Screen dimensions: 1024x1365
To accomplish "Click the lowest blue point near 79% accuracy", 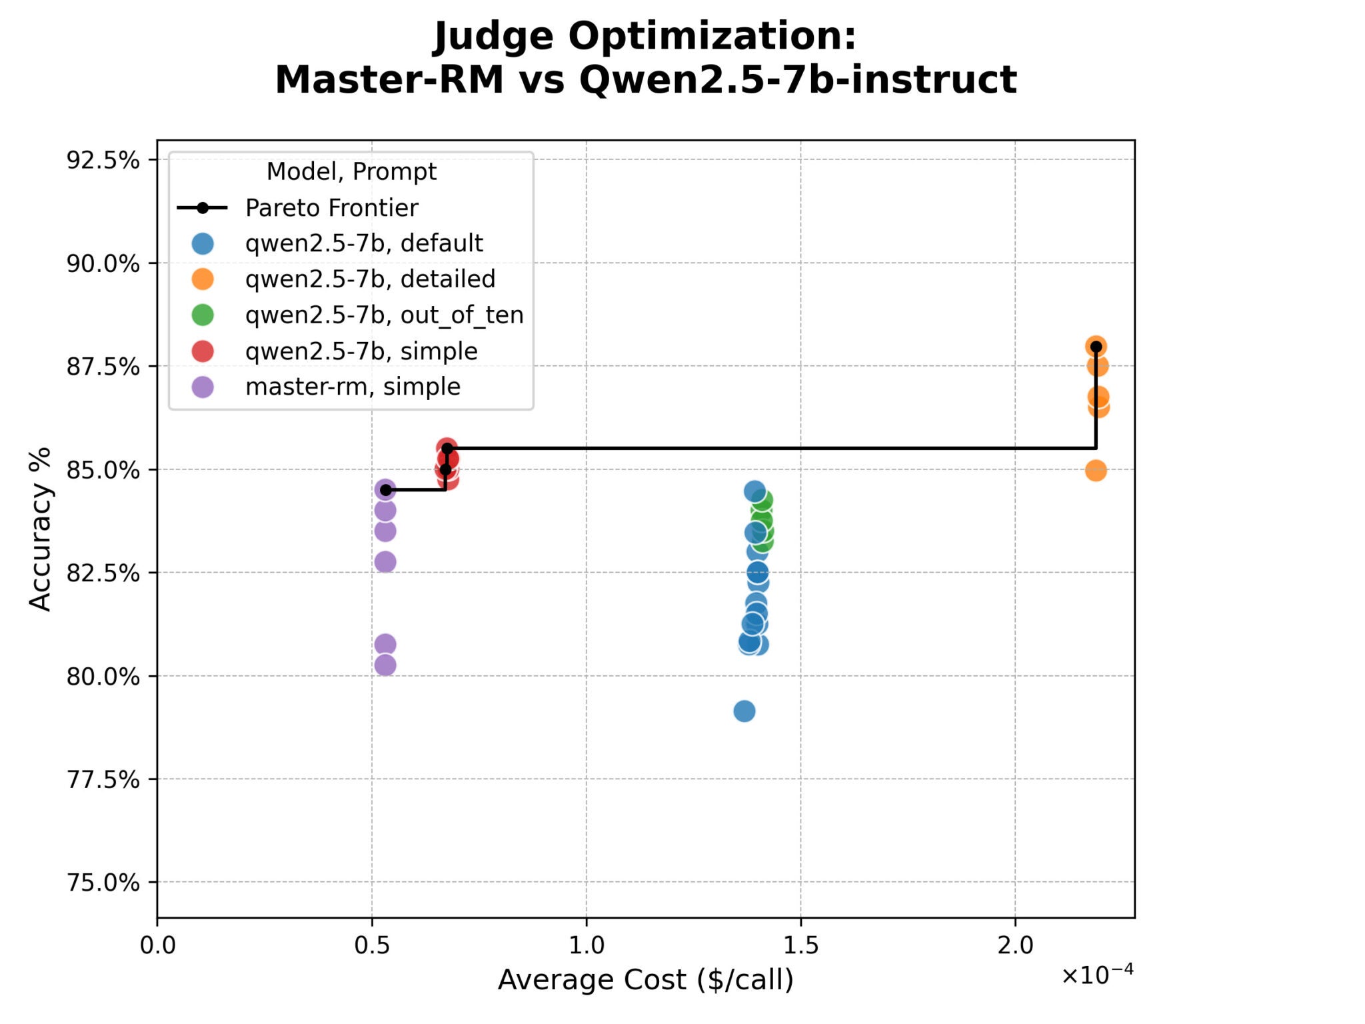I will point(744,711).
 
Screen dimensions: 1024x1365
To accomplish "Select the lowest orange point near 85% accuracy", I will point(1095,471).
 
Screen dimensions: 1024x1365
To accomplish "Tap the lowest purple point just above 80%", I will point(385,665).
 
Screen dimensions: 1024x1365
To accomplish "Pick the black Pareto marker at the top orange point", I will point(1095,346).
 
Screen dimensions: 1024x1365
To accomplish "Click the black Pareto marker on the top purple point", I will point(385,490).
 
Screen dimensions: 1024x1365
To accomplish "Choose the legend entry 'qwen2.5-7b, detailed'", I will point(370,279).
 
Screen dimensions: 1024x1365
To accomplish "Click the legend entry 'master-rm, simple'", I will point(353,387).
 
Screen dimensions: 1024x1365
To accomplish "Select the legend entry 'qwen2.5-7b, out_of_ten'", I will point(384,315).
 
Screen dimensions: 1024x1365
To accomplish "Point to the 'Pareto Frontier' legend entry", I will point(331,208).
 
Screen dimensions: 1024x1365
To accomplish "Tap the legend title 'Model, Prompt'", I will point(351,172).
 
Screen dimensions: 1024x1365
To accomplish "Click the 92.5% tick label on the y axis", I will point(103,160).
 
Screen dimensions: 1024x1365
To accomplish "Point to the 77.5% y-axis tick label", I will point(103,779).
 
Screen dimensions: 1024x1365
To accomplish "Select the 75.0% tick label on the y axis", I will point(103,882).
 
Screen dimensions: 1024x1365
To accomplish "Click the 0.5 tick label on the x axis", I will point(371,945).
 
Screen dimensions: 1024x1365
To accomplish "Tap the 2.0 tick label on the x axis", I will point(1014,945).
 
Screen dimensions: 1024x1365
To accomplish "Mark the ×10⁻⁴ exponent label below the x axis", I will point(1097,975).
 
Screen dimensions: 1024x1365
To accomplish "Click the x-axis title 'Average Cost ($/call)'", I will point(645,979).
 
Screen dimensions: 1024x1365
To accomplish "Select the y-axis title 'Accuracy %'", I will point(40,529).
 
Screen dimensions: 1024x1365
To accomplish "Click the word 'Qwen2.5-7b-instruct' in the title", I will point(797,80).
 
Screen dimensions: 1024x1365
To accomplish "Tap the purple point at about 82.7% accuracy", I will point(385,562).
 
